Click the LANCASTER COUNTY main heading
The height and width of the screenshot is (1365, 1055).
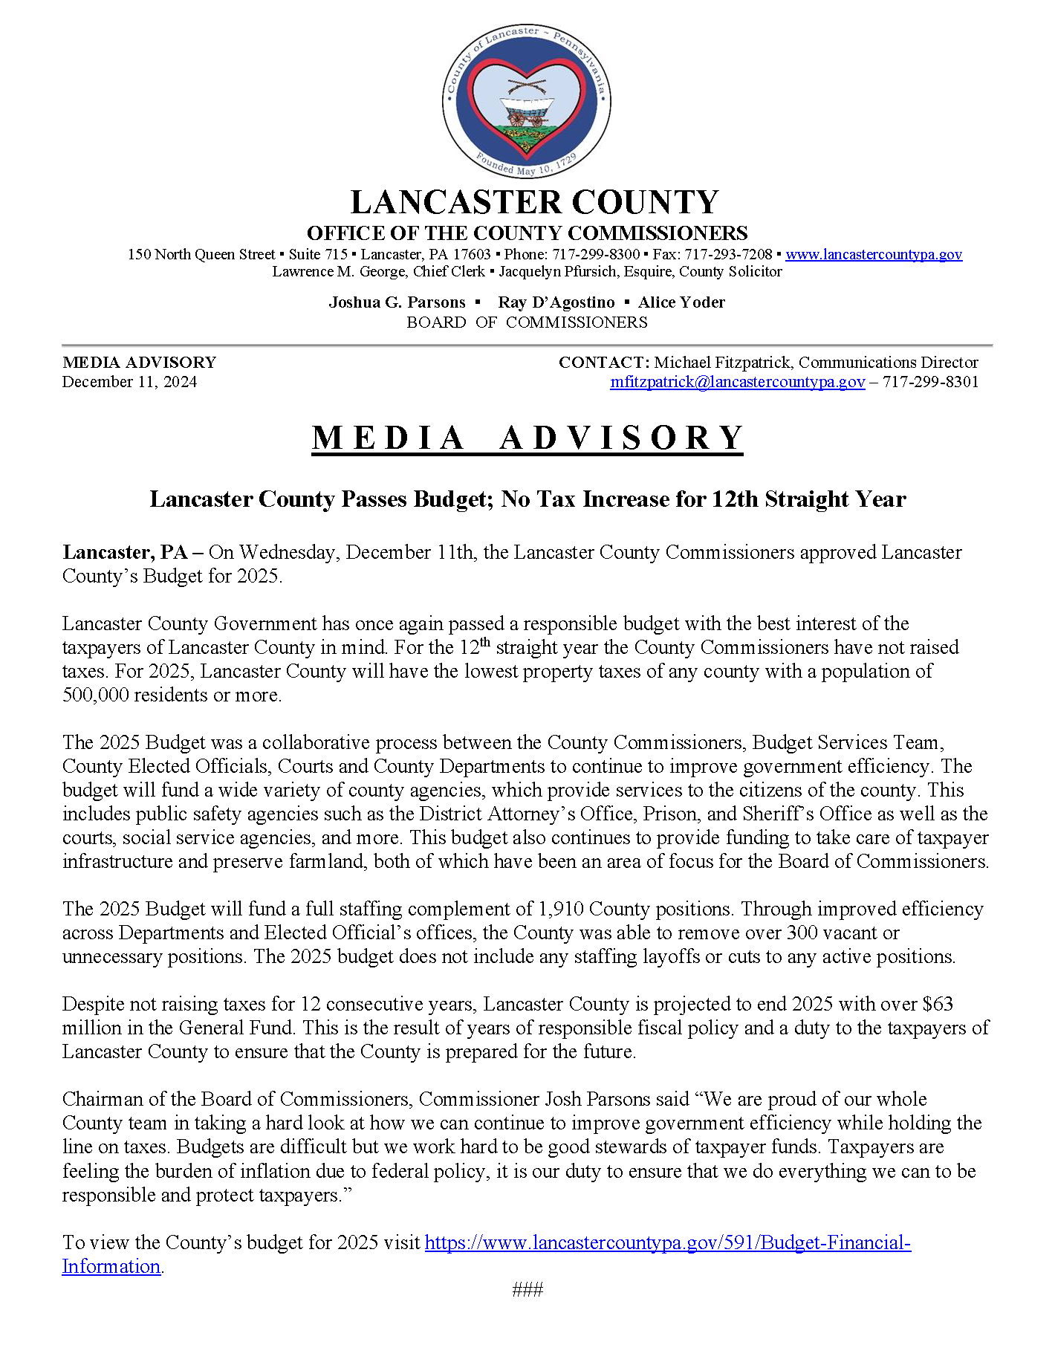[534, 203]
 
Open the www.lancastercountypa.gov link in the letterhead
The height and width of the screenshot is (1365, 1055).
[874, 255]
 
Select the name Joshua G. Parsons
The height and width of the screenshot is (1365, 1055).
[397, 302]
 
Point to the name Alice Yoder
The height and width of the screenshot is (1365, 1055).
[681, 302]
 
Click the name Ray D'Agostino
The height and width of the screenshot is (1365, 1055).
[556, 302]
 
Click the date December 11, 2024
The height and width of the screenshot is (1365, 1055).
[130, 382]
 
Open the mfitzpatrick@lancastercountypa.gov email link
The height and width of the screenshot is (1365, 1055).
[737, 382]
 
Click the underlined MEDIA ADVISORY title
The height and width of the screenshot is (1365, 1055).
[527, 438]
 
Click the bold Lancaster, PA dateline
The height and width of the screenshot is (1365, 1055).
[125, 553]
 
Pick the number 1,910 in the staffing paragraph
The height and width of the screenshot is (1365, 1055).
[561, 910]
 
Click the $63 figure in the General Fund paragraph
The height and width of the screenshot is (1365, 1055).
[938, 1005]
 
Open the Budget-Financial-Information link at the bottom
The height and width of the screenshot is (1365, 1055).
[667, 1243]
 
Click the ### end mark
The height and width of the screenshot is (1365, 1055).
[527, 1290]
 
